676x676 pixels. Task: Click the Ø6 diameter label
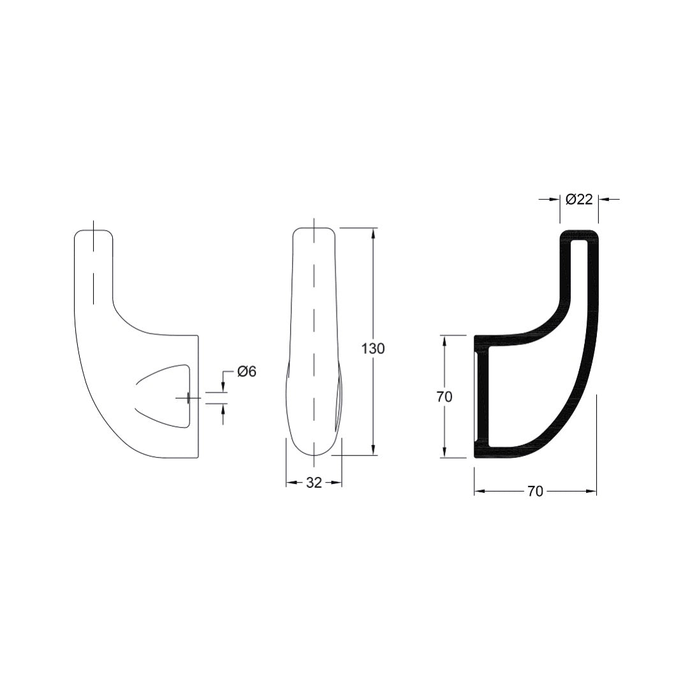coord(246,372)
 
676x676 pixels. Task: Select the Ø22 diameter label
coord(579,199)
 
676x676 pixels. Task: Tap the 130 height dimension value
coord(373,349)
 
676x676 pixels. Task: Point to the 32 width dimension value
coord(314,483)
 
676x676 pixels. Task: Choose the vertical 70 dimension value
coord(445,396)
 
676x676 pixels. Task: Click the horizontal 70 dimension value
coord(535,491)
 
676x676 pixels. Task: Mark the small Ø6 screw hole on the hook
coord(187,398)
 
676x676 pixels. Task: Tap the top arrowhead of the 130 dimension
coord(373,232)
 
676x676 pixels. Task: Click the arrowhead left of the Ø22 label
coord(554,200)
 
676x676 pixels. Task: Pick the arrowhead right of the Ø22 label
coord(603,200)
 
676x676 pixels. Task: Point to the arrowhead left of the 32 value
coord(291,483)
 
